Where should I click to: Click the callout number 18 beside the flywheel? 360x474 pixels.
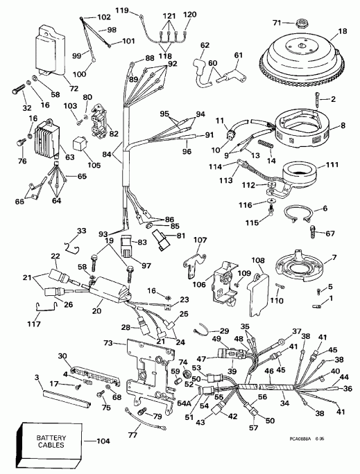click(x=342, y=31)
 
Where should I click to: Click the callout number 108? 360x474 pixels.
click(x=257, y=262)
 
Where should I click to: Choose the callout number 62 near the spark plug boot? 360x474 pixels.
click(x=204, y=45)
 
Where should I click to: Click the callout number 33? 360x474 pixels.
click(x=81, y=231)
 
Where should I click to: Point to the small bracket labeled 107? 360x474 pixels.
click(x=196, y=260)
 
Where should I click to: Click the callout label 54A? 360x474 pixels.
click(x=185, y=403)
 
